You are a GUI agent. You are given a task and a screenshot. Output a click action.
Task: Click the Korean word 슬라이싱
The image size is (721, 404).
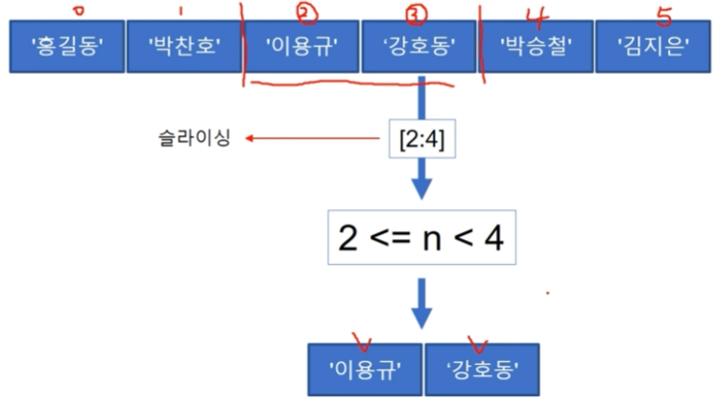[194, 140]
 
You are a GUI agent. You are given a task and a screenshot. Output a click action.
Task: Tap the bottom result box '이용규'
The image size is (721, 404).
[364, 369]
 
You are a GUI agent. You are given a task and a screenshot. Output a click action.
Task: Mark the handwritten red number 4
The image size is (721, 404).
[536, 13]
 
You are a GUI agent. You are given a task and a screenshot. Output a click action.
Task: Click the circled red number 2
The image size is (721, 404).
[306, 13]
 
